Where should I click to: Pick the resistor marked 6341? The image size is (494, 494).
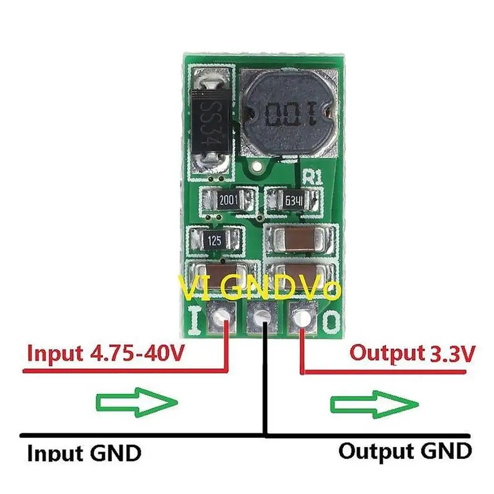click(294, 201)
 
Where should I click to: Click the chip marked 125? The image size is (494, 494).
click(214, 241)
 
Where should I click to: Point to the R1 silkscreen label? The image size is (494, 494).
click(314, 176)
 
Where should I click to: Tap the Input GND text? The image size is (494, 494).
click(84, 453)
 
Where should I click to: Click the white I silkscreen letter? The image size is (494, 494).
click(194, 321)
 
